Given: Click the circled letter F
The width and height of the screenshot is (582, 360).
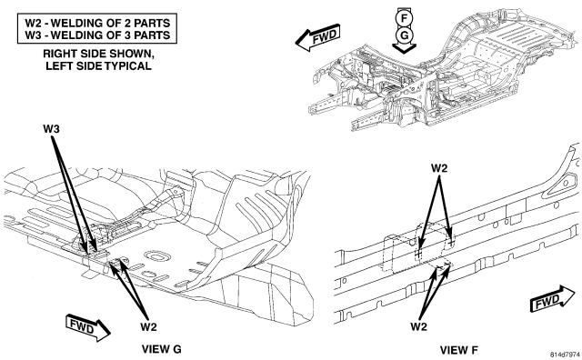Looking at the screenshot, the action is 404,18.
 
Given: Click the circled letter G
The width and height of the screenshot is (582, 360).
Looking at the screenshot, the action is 404,35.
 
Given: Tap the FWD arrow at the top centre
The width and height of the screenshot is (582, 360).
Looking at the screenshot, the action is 318,37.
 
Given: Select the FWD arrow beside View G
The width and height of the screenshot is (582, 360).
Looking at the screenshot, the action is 87,327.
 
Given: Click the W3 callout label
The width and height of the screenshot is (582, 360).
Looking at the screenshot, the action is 51,129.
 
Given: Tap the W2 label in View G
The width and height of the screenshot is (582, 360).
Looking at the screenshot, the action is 148,327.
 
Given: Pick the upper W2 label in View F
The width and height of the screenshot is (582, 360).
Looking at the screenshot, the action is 439,168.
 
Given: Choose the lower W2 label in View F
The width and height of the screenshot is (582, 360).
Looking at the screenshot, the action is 419,326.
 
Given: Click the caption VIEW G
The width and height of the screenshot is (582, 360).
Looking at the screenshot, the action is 162,349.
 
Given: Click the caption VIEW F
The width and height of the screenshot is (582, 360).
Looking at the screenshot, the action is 459,350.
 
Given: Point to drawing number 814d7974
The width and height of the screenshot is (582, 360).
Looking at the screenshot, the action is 565,355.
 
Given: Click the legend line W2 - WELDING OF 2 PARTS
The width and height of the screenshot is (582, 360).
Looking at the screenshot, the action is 97,23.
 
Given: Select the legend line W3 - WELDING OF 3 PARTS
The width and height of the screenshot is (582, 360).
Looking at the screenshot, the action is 97,35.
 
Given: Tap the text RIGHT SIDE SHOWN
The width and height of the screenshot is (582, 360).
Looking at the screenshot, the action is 98,54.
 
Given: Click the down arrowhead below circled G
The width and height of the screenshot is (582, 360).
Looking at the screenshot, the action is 404,48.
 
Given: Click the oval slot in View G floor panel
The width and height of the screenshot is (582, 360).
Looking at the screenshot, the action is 156,256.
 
